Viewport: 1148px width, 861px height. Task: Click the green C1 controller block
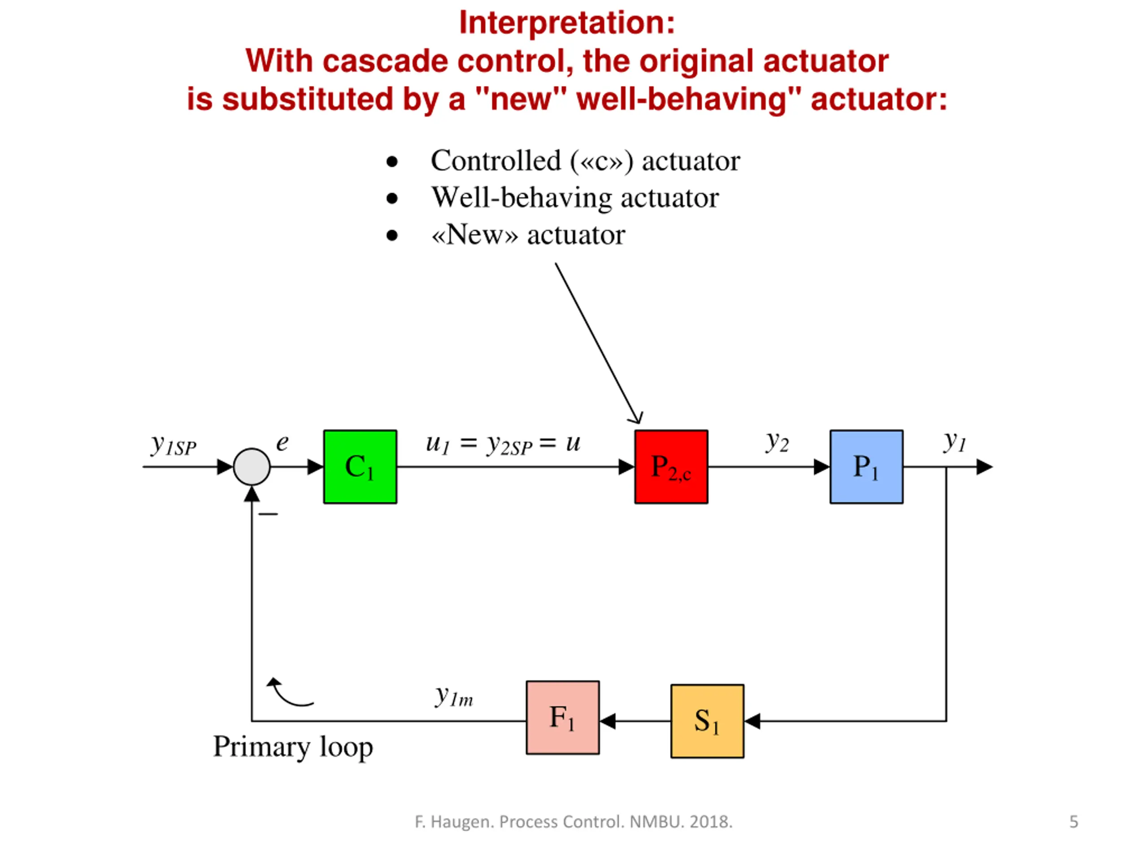360,466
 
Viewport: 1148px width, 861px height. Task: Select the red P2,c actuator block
671,466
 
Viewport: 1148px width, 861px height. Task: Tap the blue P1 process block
866,466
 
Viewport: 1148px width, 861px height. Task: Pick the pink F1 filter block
563,717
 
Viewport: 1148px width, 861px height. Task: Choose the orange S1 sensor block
707,721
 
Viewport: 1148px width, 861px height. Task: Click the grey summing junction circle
252,466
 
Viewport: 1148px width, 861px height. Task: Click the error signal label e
282,443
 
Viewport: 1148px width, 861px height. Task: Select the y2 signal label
777,443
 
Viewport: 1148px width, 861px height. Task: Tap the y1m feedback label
454,696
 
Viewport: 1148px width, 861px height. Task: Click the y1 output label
954,442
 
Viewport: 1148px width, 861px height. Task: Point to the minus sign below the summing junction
268,514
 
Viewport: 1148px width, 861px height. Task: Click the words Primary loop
293,748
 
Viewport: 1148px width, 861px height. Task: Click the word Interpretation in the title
567,23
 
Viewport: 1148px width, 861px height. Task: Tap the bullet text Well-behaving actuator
575,198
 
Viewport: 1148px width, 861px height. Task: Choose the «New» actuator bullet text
528,235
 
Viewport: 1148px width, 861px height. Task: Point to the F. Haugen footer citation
574,822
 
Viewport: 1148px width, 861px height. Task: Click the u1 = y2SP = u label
502,444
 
